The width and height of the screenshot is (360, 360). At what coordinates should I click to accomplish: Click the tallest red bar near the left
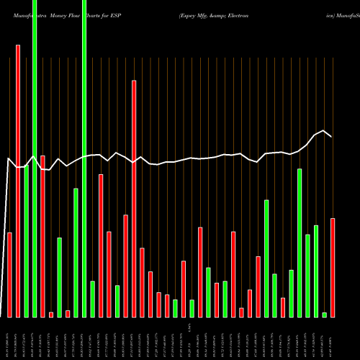[18, 180]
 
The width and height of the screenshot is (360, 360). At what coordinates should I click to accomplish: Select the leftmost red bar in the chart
[9, 274]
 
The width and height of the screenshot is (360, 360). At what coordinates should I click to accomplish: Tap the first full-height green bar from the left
[35, 158]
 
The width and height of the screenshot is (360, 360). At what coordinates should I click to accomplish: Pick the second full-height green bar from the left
[84, 158]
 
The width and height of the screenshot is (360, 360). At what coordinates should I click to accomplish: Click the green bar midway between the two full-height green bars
[59, 277]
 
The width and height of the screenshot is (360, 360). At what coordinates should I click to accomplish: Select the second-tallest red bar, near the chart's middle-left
[134, 198]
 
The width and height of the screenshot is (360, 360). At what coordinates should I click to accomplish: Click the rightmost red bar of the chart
[333, 267]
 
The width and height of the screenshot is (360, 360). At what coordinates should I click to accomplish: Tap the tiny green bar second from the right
[324, 315]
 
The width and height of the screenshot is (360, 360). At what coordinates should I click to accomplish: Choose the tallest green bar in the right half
[300, 243]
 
